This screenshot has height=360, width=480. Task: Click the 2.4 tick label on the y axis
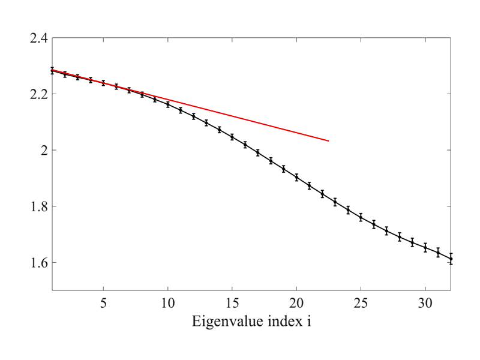(39, 38)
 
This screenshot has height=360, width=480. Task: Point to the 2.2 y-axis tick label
(39, 94)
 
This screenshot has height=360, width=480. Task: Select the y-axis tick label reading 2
(43, 150)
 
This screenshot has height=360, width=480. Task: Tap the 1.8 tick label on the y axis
(39, 206)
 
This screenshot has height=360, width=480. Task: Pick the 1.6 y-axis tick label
(39, 263)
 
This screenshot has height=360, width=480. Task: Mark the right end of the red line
(329, 141)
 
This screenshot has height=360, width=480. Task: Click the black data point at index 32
(451, 259)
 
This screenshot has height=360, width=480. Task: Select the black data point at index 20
(296, 177)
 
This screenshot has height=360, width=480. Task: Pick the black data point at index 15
(232, 137)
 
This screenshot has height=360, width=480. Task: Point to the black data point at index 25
(361, 217)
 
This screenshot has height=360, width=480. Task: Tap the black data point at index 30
(425, 247)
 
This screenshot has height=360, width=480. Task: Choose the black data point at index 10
(168, 104)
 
